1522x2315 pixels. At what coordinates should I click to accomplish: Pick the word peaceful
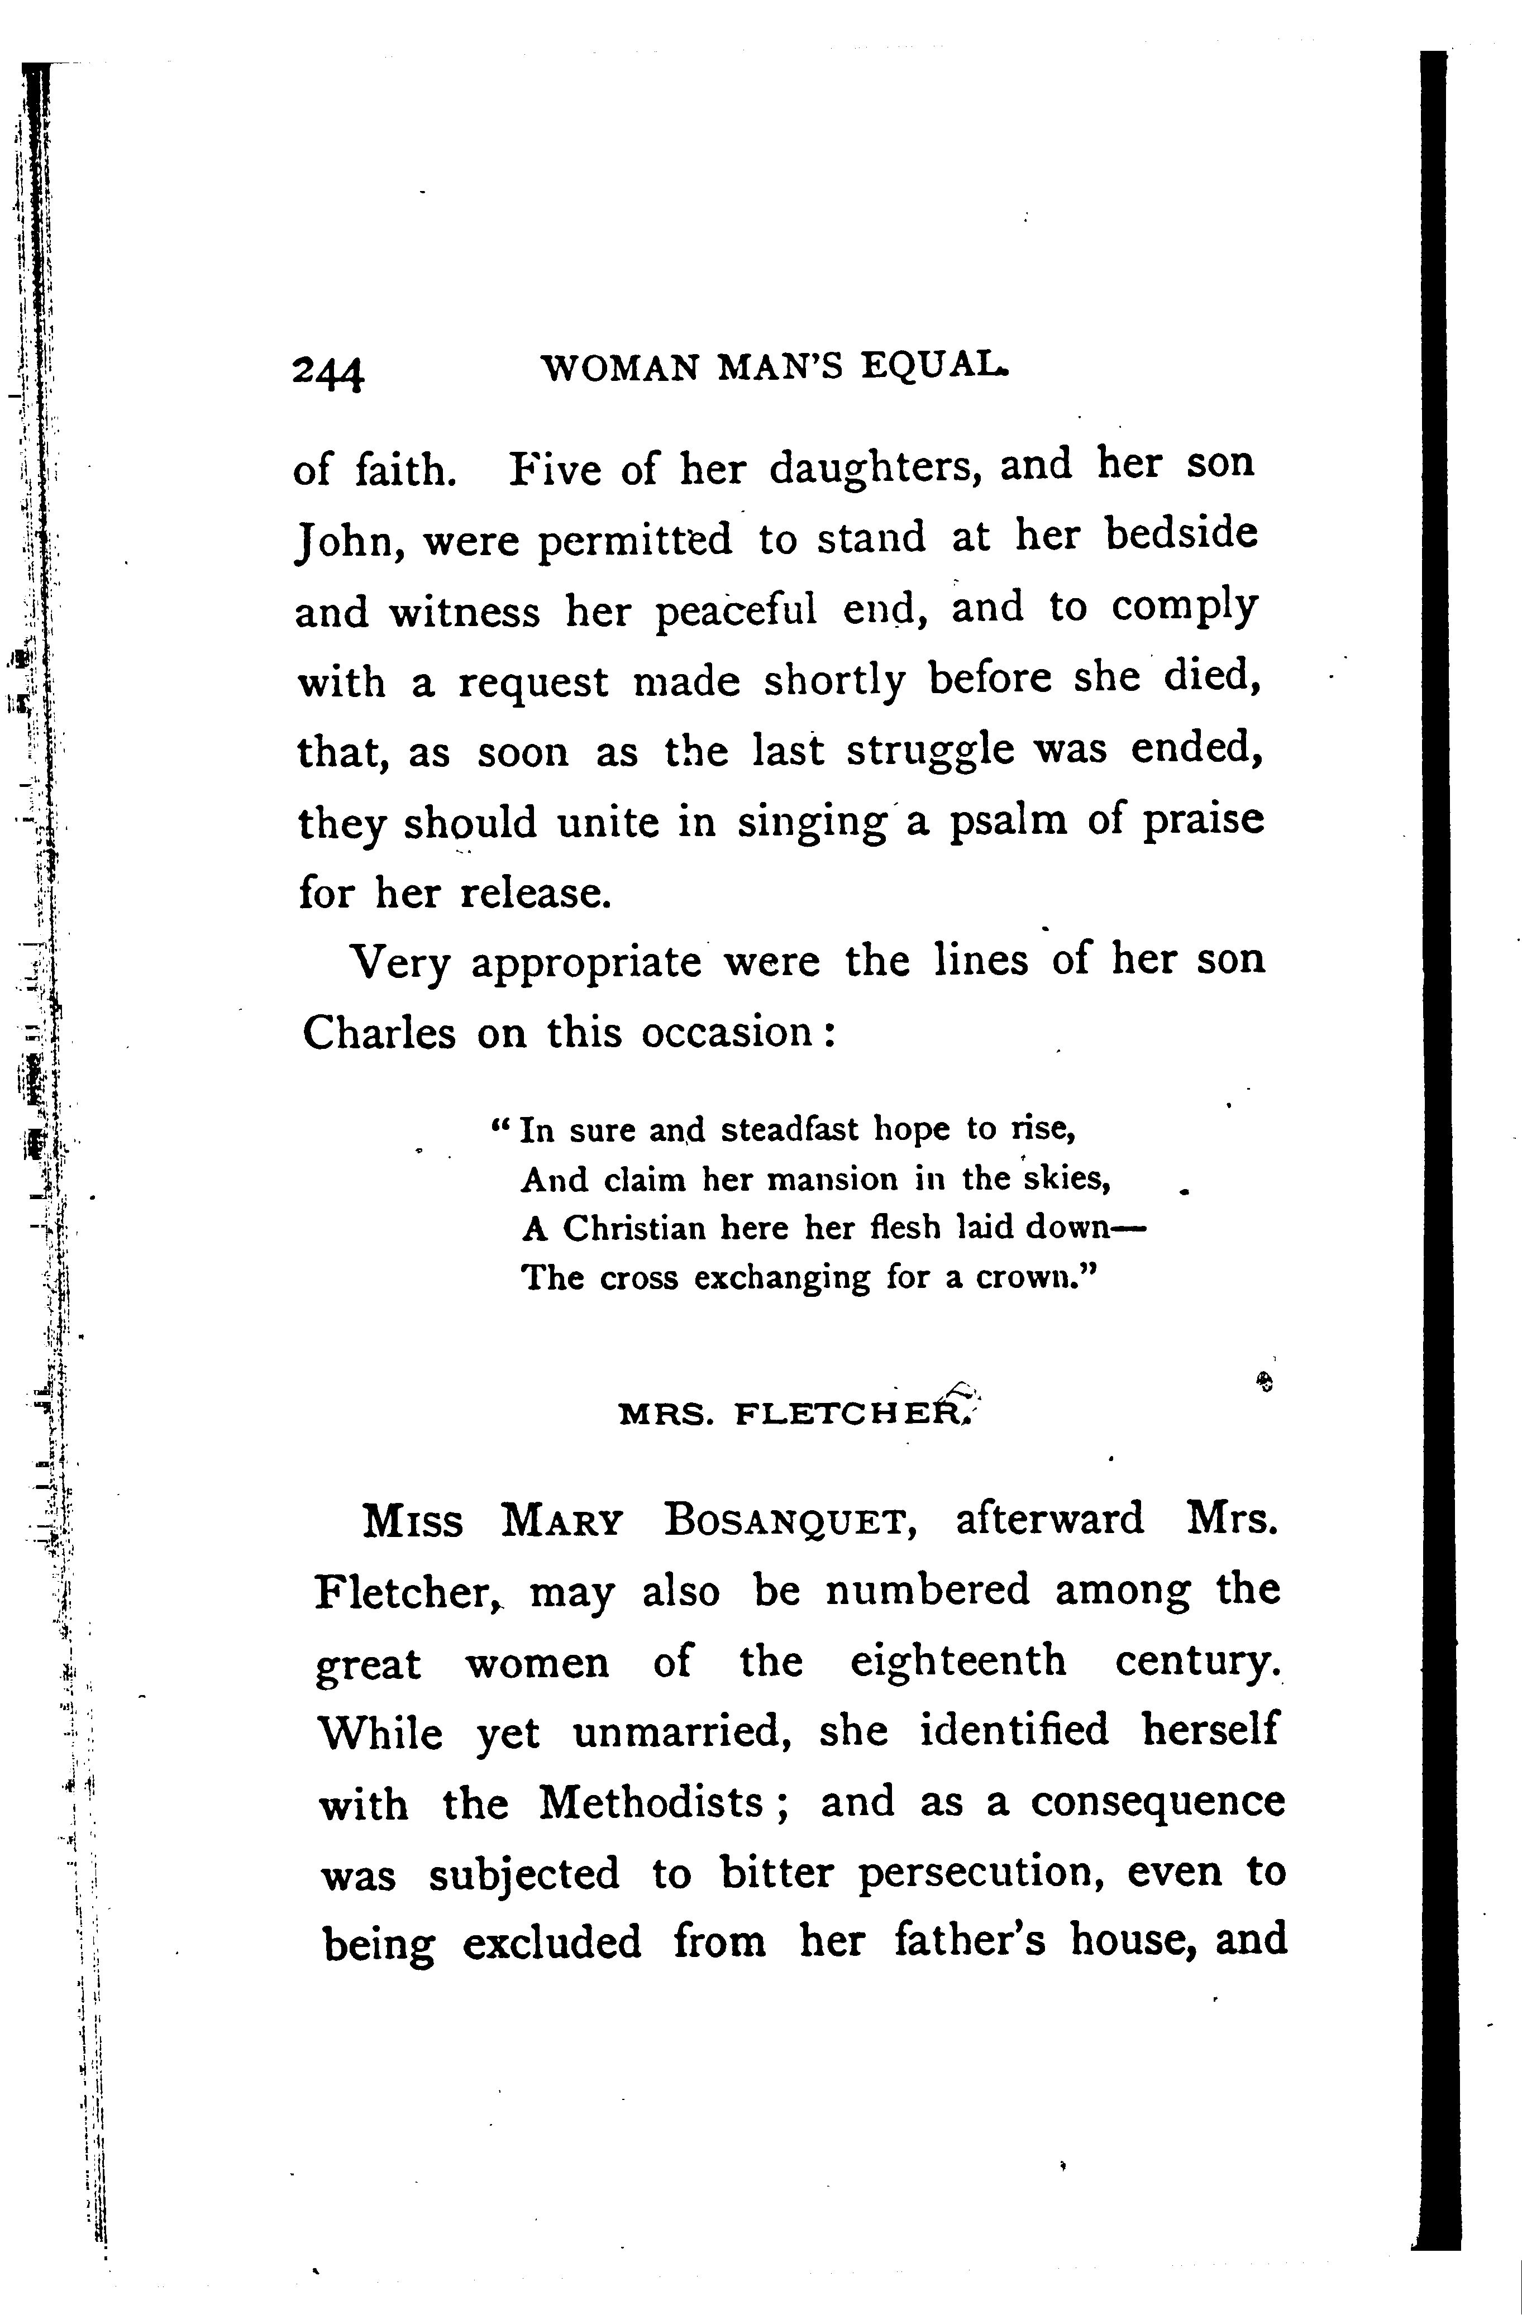735,612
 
